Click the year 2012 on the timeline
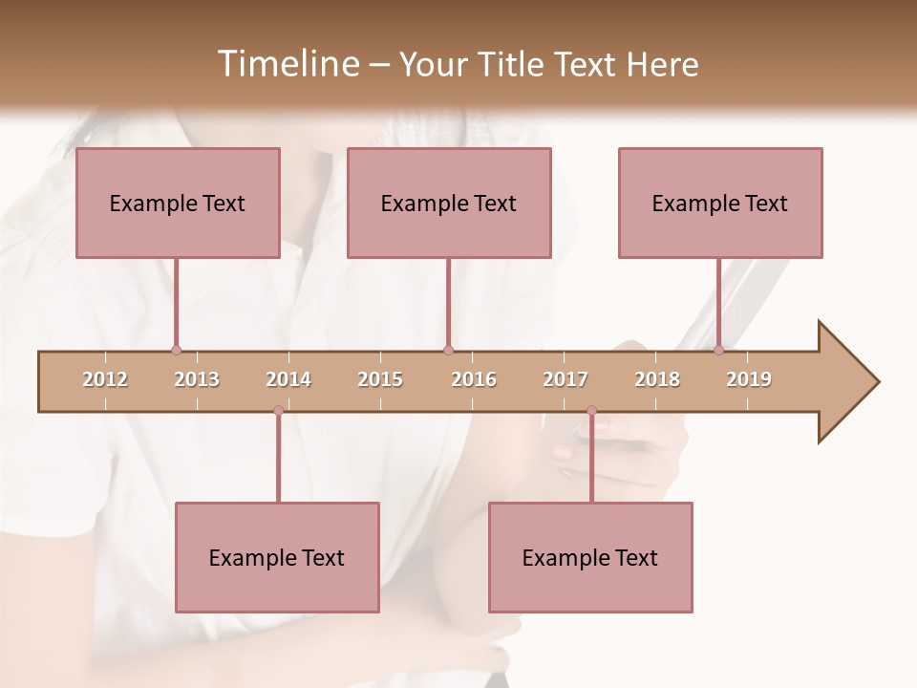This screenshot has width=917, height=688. (105, 379)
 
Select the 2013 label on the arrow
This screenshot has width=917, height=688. (197, 379)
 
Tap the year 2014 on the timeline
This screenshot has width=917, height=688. (288, 379)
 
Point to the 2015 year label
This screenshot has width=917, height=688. (380, 379)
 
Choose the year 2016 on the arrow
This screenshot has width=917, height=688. (474, 379)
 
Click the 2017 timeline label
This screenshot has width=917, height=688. (565, 379)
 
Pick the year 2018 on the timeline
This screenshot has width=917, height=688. (657, 379)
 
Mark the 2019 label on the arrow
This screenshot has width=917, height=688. (749, 379)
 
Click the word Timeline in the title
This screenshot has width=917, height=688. (286, 64)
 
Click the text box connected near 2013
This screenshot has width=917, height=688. (178, 203)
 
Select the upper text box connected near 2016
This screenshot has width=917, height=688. (449, 203)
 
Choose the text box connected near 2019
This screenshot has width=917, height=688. (720, 203)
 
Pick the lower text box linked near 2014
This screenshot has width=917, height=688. (277, 557)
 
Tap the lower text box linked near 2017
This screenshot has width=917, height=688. (590, 557)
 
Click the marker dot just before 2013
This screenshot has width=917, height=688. (176, 350)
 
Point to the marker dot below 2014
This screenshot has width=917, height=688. (278, 411)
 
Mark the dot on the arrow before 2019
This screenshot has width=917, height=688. (718, 350)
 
